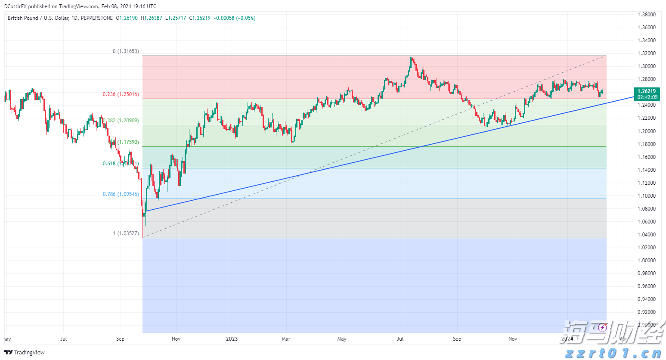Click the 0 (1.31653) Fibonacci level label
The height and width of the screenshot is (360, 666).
(x=126, y=51)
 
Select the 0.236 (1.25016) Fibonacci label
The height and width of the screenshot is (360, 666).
(x=121, y=94)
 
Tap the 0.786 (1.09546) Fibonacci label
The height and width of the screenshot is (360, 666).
(x=121, y=194)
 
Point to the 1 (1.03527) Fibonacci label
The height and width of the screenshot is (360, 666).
(x=126, y=233)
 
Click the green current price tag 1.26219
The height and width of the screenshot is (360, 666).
(x=647, y=91)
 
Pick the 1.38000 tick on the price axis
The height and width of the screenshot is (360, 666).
(x=647, y=15)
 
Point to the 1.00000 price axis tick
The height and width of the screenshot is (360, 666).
(x=647, y=261)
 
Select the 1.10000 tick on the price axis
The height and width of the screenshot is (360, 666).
(x=647, y=196)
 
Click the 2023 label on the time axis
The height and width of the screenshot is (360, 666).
(x=232, y=339)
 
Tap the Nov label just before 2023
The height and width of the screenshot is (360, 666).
(x=176, y=339)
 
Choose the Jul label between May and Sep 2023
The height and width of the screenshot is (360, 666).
(x=400, y=339)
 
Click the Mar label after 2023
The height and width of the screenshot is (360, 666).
(x=286, y=339)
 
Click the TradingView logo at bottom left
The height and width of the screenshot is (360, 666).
(x=25, y=353)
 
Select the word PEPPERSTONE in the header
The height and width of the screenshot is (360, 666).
(x=96, y=18)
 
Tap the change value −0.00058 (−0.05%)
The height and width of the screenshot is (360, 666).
(x=235, y=18)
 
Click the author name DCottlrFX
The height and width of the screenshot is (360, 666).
(x=15, y=6)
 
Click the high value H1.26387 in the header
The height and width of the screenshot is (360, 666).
(x=152, y=18)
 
